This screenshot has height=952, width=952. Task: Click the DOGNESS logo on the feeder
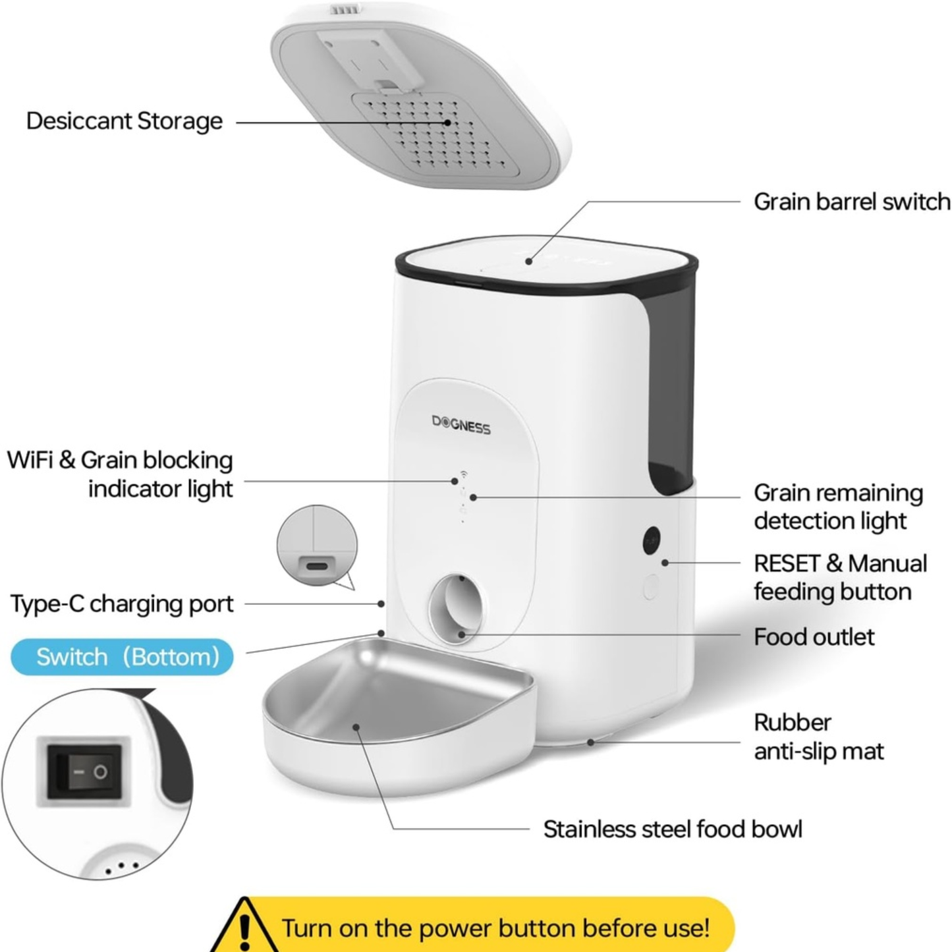(x=461, y=425)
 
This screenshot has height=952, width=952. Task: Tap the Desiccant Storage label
(x=125, y=121)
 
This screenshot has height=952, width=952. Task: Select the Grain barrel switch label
(x=851, y=202)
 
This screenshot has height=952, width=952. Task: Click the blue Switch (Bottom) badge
(x=123, y=657)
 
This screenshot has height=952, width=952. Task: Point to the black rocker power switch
(x=84, y=771)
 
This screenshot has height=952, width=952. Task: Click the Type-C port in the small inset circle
(x=317, y=565)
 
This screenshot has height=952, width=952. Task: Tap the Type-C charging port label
(x=122, y=603)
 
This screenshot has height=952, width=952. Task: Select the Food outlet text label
(x=814, y=637)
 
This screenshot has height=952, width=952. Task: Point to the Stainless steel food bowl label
(x=673, y=829)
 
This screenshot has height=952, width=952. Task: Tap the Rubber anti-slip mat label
(x=818, y=737)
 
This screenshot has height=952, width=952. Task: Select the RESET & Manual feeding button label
(x=839, y=578)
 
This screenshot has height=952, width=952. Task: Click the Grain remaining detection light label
(x=838, y=507)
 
